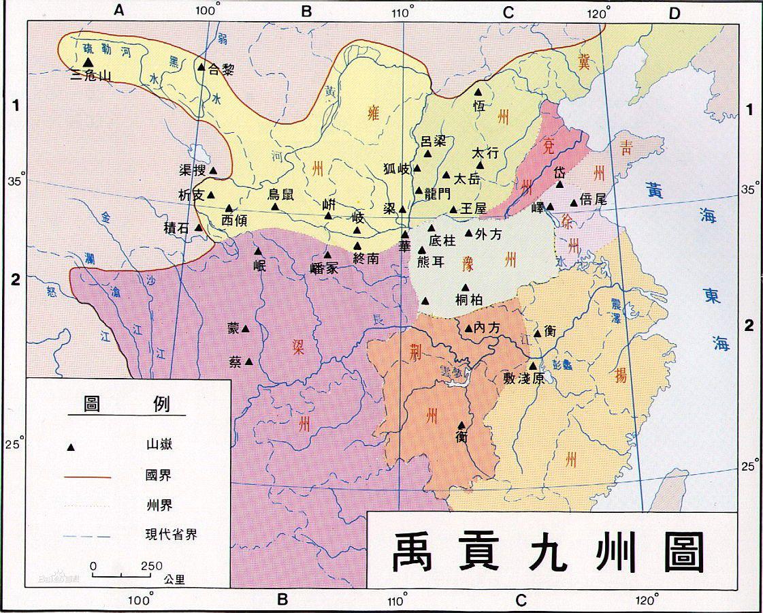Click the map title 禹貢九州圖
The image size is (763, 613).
(547, 550)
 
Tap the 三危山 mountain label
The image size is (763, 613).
(91, 75)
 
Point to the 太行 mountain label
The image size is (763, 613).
(486, 153)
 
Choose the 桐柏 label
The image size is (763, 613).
(468, 300)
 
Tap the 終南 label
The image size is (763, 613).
(366, 257)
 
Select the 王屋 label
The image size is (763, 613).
(474, 209)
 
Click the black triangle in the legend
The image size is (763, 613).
(69, 447)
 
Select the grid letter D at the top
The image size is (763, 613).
(674, 12)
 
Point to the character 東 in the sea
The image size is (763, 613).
(711, 298)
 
